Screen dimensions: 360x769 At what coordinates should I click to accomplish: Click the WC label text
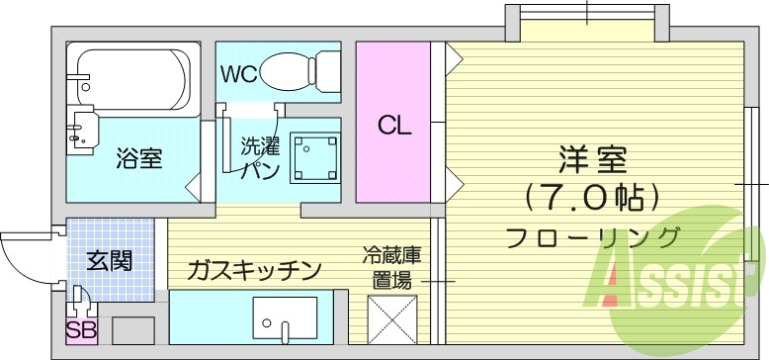tap(238, 72)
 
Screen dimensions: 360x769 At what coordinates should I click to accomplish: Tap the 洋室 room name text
tap(591, 158)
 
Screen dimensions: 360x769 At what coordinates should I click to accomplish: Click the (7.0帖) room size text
tap(591, 198)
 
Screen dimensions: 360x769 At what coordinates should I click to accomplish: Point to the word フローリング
tap(591, 237)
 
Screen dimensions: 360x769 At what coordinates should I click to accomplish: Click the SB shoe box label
tap(76, 330)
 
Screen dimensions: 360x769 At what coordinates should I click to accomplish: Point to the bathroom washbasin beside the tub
tap(83, 129)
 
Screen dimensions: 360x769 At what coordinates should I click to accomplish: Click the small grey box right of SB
tap(134, 330)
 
